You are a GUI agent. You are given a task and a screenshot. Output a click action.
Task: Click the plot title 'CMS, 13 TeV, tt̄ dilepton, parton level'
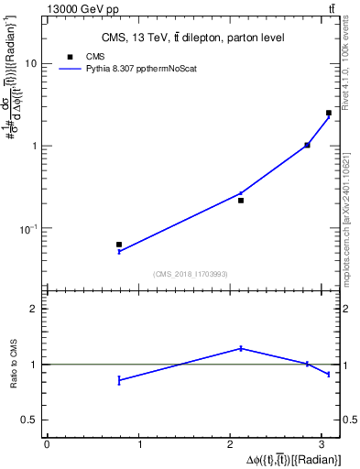193,38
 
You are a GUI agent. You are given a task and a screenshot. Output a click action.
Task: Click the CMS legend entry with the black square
82,56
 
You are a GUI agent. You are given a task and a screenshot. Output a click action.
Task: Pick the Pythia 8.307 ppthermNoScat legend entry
119,68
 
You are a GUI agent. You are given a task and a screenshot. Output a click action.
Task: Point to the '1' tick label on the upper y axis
36,146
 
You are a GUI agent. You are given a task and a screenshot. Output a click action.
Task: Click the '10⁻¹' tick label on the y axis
30,227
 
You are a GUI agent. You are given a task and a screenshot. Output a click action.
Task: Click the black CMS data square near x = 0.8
119,245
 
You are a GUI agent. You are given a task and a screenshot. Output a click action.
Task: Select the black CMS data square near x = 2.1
241,200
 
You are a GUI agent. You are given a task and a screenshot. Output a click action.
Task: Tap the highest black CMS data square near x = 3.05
329,113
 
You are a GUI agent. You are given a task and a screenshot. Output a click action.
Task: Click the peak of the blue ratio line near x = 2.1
241,348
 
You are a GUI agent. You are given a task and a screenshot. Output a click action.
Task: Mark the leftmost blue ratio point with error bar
119,380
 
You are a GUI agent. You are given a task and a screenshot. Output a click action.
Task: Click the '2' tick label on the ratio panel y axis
36,310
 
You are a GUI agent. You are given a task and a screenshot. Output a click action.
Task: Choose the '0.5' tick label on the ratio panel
31,420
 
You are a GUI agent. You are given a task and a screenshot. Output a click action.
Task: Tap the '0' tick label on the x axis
47,444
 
